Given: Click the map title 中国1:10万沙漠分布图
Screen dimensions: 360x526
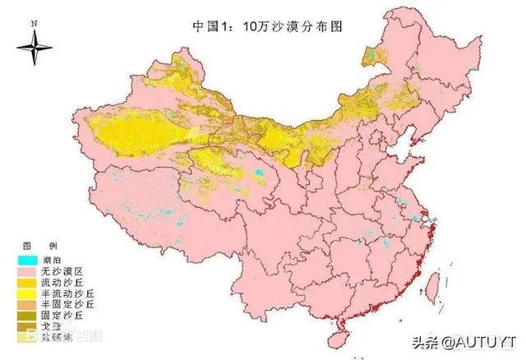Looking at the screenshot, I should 266,26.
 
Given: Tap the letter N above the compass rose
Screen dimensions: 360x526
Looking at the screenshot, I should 34,24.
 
